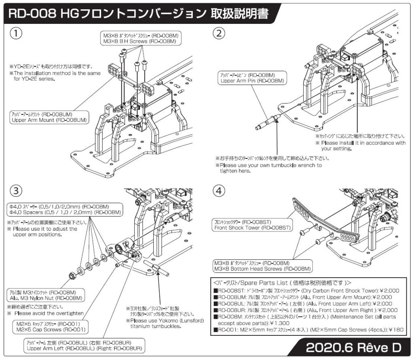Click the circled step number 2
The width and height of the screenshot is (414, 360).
click(x=219, y=34)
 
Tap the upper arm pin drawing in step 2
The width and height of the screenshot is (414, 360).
click(x=269, y=122)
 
